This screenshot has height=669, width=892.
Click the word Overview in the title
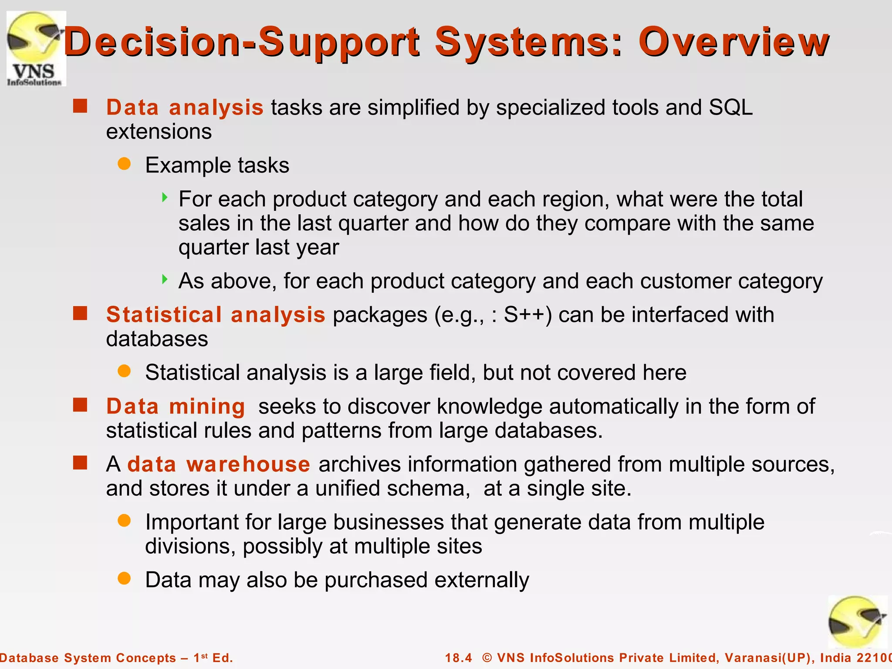click(x=733, y=42)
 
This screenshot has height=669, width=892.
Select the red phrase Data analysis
click(x=185, y=108)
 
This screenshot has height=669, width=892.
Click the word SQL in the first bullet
click(x=730, y=108)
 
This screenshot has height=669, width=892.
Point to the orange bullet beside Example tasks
click(x=124, y=164)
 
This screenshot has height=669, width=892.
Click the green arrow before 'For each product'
click(x=164, y=197)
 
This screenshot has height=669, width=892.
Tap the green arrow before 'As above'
click(x=164, y=279)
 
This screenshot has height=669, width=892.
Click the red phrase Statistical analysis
click(x=216, y=314)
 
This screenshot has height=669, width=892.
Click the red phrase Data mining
click(x=176, y=406)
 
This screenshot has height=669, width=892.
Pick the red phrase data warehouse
click(x=219, y=464)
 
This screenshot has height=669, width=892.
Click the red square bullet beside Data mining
click(x=80, y=405)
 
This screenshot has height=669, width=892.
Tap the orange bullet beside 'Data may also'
click(x=124, y=578)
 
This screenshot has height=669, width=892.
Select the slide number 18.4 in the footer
click(x=458, y=658)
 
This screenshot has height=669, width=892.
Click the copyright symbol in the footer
click(x=487, y=658)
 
